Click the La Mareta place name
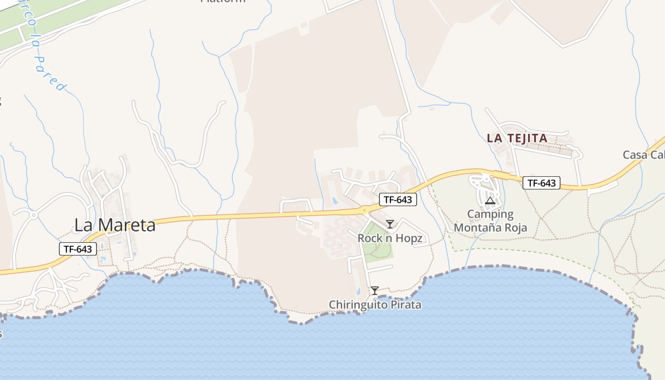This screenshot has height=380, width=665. tap(115, 225)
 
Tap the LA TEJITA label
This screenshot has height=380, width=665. tap(517, 138)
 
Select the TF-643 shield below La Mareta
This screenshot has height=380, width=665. tap(78, 248)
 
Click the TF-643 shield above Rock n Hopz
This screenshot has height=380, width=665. tap(398, 200)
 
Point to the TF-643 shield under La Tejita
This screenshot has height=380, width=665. tap(541, 183)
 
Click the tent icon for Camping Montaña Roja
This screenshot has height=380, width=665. tap(490, 201)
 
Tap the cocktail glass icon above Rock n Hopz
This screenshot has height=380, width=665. tap(390, 224)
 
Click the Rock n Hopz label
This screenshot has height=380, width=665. tap(390, 238)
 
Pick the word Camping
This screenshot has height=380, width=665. tap(490, 214)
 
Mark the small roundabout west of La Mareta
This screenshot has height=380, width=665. tap(33, 215)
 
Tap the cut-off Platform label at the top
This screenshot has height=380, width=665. tap(223, 1)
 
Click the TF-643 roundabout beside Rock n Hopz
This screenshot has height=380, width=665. tap(364, 209)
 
